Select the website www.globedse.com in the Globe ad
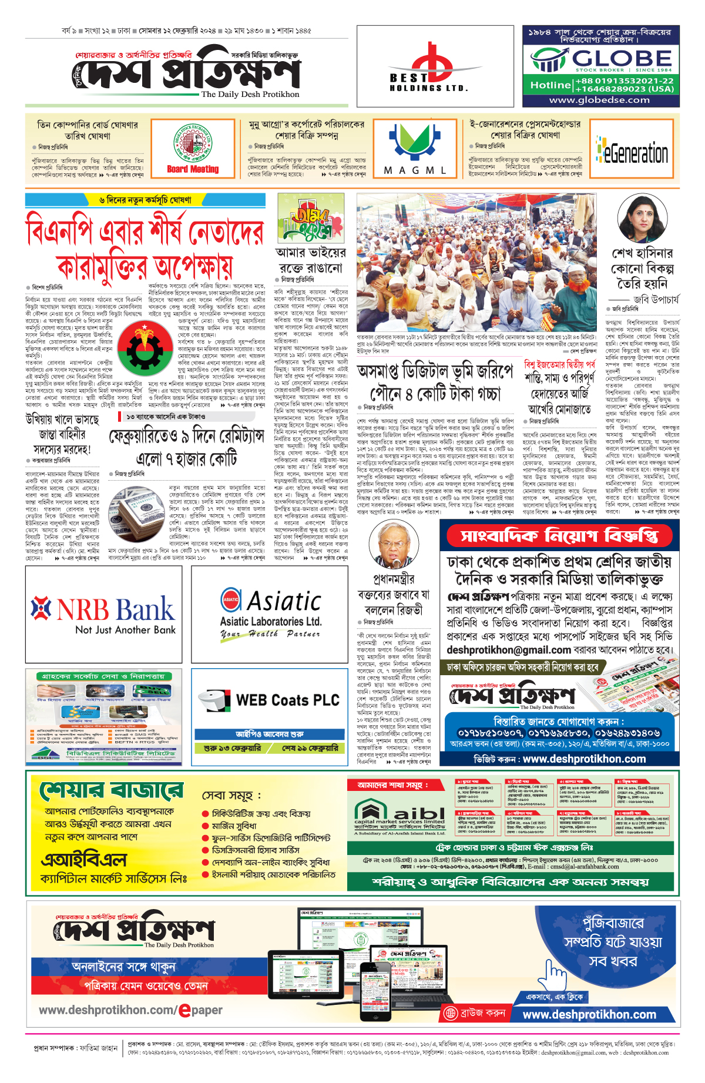click(599, 100)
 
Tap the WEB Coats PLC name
click(287, 700)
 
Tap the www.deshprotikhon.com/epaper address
click(130, 1010)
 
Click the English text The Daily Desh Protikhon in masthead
click(250, 94)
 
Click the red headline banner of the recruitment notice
click(559, 536)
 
